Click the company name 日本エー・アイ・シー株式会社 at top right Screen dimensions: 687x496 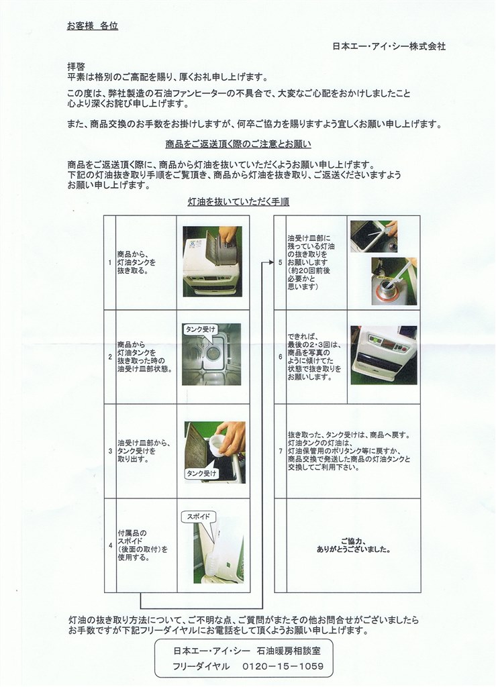tap(389, 46)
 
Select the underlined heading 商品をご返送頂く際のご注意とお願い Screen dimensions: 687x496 tap(238, 144)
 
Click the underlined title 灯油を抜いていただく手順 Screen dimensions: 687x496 tap(238, 201)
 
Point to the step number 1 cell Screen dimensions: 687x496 tap(109, 262)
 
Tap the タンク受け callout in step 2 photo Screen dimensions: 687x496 tap(200, 329)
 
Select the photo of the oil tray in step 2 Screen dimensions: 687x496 tap(211, 356)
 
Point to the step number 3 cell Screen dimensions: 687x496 tap(109, 451)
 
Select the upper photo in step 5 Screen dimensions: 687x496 tap(373, 236)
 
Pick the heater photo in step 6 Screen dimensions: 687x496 tap(383, 355)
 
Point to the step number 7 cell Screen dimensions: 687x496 tap(280, 451)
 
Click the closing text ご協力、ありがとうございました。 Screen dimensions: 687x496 tap(354, 545)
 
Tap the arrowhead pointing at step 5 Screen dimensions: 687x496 tap(270, 262)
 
